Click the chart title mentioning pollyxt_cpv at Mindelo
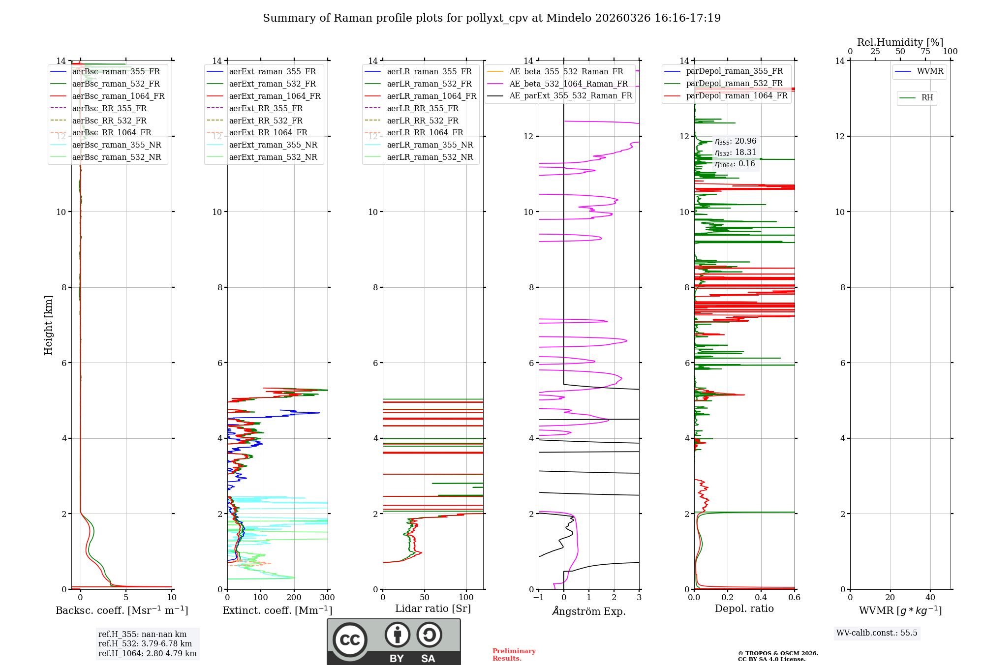492,18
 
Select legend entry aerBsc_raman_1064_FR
118,96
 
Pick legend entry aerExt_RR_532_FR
266,121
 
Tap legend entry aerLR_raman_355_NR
430,145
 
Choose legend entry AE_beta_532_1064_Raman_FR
568,84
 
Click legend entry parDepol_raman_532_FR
734,84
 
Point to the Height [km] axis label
48,325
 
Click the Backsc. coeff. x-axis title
122,610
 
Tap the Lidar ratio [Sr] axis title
433,609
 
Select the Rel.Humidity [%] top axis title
900,42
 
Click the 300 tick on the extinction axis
327,598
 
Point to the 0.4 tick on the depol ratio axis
761,598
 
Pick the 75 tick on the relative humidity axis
925,52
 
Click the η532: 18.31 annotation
736,152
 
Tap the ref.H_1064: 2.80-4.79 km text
147,654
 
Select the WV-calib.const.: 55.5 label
877,633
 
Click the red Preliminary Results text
514,655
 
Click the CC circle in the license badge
350,639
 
